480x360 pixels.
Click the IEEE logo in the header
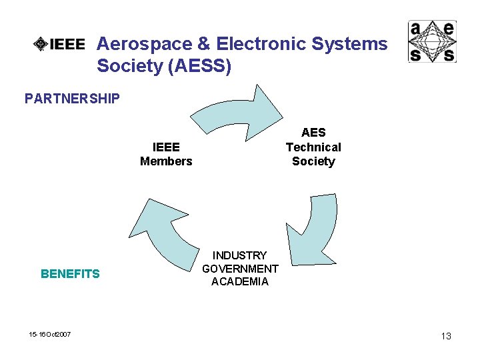click(x=60, y=45)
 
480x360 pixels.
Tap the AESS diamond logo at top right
click(x=432, y=41)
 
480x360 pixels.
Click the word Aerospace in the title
click(x=143, y=45)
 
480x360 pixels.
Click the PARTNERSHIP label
click(x=72, y=99)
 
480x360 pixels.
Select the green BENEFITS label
click(x=70, y=273)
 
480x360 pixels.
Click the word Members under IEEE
click(x=166, y=161)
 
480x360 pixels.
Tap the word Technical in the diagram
click(x=313, y=147)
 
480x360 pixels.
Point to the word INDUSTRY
click(x=240, y=255)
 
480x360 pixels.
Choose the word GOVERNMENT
click(x=240, y=269)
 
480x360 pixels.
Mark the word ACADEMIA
click(x=240, y=281)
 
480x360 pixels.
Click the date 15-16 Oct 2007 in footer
click(x=51, y=334)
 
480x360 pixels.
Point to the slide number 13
click(x=446, y=336)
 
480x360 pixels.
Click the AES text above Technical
click(x=313, y=133)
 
